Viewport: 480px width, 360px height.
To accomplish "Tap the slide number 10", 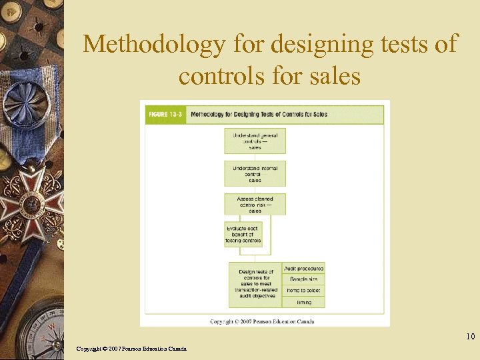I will [470, 337].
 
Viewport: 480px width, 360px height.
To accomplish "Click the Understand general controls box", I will [255, 141].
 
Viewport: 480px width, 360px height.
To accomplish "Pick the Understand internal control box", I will [255, 173].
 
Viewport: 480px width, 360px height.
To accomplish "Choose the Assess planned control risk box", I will [255, 204].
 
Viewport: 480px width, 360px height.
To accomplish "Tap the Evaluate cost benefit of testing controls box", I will [243, 235].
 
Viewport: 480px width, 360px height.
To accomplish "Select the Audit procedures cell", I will [304, 269].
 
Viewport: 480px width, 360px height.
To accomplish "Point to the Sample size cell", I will [304, 279].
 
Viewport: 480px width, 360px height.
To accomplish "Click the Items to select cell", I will [304, 291].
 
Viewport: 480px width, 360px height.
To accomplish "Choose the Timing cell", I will [304, 302].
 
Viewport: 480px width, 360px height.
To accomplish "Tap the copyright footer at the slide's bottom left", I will [131, 349].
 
